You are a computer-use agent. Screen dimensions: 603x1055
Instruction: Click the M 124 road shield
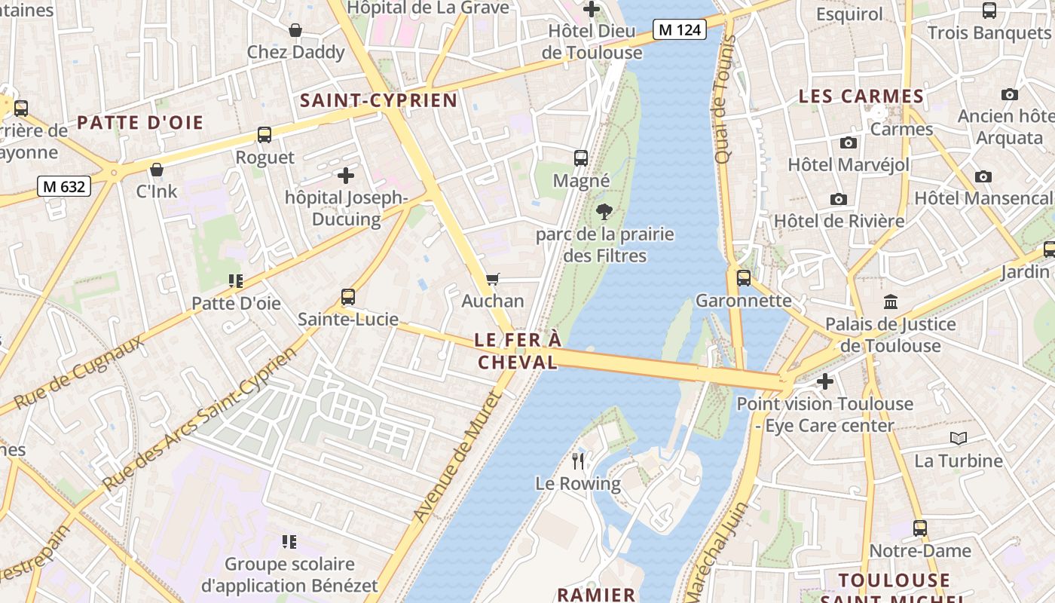pyautogui.click(x=679, y=29)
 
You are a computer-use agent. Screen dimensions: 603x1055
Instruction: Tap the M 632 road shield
pyautogui.click(x=64, y=186)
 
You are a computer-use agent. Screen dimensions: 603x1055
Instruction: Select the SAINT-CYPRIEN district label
pyautogui.click(x=379, y=100)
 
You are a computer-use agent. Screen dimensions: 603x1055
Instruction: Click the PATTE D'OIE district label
pyautogui.click(x=140, y=123)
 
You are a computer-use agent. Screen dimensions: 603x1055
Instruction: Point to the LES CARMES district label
pyautogui.click(x=861, y=96)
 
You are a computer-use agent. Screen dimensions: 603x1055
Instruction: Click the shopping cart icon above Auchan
pyautogui.click(x=493, y=280)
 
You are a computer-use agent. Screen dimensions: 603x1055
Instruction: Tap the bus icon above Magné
pyautogui.click(x=581, y=158)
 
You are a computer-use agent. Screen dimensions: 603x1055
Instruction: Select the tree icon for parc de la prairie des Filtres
pyautogui.click(x=604, y=212)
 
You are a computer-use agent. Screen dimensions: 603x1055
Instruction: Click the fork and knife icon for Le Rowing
pyautogui.click(x=578, y=461)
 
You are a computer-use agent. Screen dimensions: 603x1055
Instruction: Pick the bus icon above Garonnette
pyautogui.click(x=744, y=278)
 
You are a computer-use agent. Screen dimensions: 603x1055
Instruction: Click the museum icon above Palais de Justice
pyautogui.click(x=890, y=301)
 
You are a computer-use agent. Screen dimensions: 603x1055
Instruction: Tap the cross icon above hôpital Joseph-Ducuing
pyautogui.click(x=346, y=176)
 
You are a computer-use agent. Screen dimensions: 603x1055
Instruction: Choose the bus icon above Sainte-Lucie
pyautogui.click(x=347, y=297)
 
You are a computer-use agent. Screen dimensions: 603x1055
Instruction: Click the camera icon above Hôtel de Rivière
pyautogui.click(x=838, y=199)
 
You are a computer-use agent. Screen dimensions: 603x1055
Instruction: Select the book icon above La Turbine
pyautogui.click(x=958, y=438)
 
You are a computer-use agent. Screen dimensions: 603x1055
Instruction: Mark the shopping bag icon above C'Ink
pyautogui.click(x=157, y=170)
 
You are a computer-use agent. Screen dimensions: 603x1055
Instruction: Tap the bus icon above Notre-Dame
pyautogui.click(x=920, y=528)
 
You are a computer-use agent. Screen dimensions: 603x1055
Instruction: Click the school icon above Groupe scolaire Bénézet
pyautogui.click(x=289, y=541)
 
